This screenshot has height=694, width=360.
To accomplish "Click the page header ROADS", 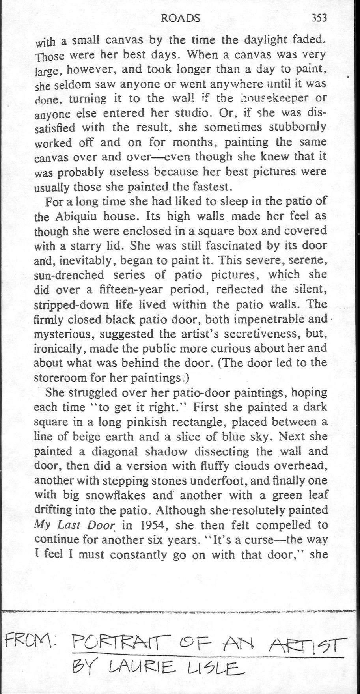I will (181, 18).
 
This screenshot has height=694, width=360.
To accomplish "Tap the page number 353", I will (319, 18).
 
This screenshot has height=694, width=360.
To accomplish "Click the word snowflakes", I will (113, 495).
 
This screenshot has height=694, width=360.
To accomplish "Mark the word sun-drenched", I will (69, 275).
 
